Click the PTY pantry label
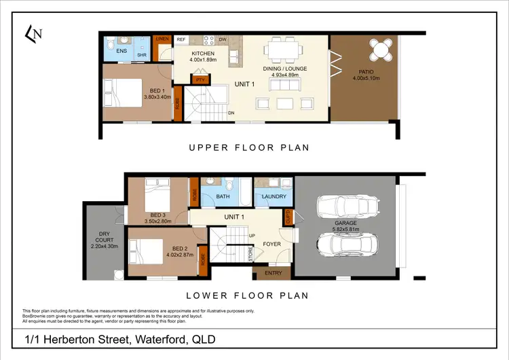click(x=200, y=79)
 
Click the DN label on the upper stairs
click(x=231, y=113)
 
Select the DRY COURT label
click(x=104, y=240)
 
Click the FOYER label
click(x=271, y=244)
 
